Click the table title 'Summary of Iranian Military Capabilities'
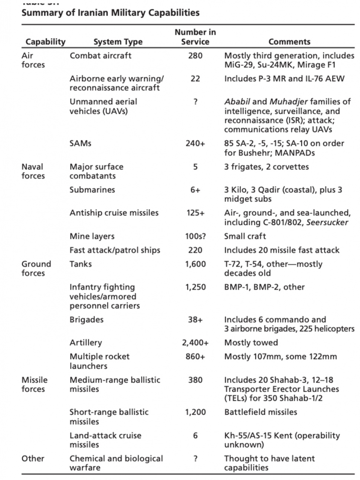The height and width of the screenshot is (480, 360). coord(110,13)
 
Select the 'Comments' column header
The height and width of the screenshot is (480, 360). coord(289,42)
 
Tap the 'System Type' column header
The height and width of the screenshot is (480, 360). coord(118,42)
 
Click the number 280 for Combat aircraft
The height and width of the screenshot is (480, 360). coord(195,56)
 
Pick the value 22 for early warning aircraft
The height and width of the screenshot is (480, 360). coord(195,79)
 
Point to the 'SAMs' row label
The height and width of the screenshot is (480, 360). coord(80,143)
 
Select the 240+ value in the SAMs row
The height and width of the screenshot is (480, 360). coord(195,143)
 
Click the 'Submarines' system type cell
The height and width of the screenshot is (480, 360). coord(92,190)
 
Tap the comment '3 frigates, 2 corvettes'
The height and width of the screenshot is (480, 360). coord(266,167)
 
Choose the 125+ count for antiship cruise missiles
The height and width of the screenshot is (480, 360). coord(195,213)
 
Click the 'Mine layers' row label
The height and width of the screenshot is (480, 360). coord(92,236)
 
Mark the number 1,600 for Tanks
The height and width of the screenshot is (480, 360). coord(195,264)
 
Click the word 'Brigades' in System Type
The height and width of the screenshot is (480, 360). coord(86,320)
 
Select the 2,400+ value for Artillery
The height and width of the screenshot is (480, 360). coord(195,343)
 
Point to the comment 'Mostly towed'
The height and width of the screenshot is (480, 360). coord(251,343)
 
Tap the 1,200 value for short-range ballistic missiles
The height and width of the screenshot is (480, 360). coord(195,412)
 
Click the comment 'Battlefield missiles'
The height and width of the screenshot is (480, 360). coord(261,412)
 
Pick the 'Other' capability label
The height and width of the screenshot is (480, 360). coord(33,458)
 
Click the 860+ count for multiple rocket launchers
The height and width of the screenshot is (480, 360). coord(195,357)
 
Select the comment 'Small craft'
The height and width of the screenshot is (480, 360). coord(245,236)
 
